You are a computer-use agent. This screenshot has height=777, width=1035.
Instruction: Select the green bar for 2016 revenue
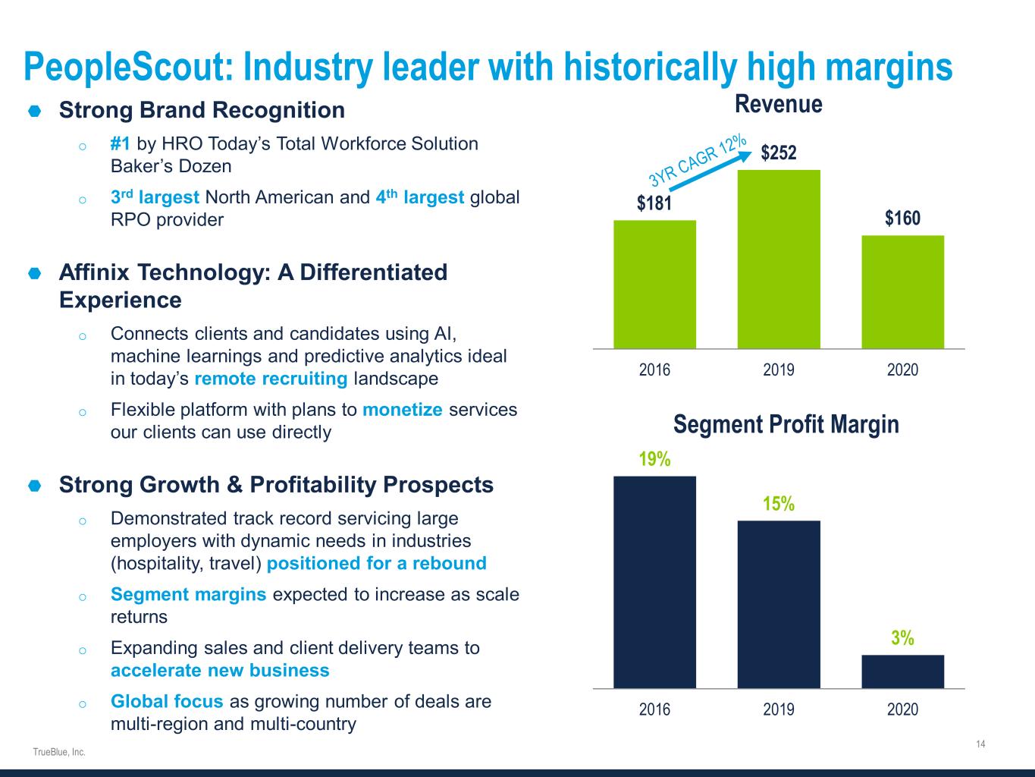click(654, 285)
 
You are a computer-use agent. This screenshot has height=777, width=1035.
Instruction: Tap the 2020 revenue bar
click(902, 292)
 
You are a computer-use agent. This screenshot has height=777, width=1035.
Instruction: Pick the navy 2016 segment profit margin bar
click(654, 582)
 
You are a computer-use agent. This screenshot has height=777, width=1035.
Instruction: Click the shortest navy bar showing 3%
click(902, 671)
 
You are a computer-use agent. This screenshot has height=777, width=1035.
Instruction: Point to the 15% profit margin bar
click(779, 604)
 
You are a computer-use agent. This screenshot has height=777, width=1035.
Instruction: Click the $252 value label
click(779, 153)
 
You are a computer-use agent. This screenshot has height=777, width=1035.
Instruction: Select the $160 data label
click(902, 219)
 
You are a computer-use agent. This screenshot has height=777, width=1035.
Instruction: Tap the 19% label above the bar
click(654, 459)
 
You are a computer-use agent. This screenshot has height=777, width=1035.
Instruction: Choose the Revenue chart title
click(779, 104)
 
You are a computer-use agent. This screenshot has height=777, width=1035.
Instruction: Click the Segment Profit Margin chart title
click(786, 424)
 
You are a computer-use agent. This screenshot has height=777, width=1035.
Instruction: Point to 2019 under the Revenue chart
click(779, 370)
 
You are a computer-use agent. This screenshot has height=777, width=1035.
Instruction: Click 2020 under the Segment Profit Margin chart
click(902, 709)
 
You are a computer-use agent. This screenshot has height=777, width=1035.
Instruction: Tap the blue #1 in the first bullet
click(121, 143)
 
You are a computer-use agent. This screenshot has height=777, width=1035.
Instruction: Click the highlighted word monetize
click(403, 410)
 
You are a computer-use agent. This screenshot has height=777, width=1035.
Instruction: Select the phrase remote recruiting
click(271, 379)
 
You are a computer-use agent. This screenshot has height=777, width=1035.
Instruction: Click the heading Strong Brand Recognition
click(202, 110)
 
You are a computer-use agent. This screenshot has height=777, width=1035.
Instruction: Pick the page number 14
click(980, 744)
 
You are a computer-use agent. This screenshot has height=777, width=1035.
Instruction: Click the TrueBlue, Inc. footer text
click(59, 752)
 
